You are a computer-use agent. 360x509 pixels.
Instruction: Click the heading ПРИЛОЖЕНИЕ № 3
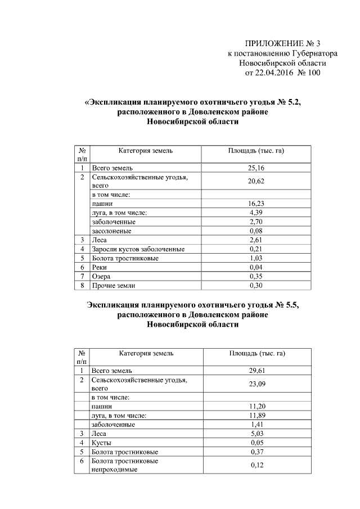(282, 44)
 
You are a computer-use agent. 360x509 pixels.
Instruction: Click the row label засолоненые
(111, 231)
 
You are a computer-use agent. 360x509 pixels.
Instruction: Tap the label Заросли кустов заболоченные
(138, 249)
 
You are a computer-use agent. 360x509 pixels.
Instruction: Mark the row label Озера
(101, 276)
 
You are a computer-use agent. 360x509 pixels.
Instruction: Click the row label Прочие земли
(112, 285)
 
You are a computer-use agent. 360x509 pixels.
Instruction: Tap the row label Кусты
(101, 443)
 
